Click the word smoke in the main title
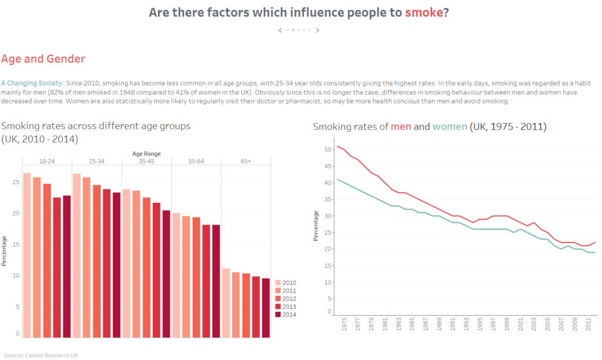(423, 12)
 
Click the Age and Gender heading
(43, 59)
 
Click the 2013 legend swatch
(278, 306)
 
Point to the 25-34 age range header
(96, 161)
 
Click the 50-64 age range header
(196, 161)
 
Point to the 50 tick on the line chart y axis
(327, 149)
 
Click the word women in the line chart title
(450, 126)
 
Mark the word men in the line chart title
(401, 126)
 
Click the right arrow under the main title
(317, 30)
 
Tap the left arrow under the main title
(280, 30)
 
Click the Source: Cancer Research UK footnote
(40, 355)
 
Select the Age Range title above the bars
(146, 154)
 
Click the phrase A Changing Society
(32, 82)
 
